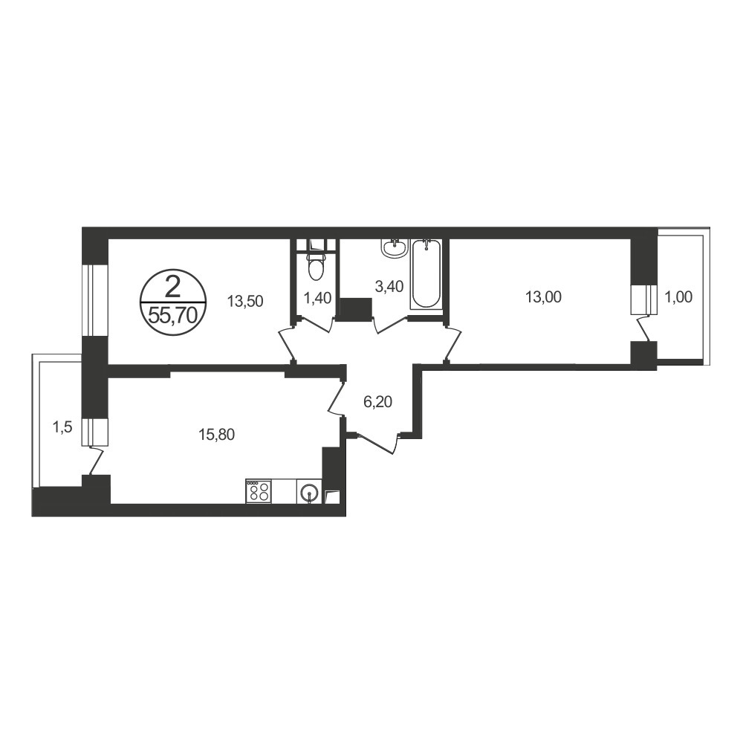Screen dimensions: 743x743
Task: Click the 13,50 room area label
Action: tap(245, 301)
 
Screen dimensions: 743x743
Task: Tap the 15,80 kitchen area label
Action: tap(216, 434)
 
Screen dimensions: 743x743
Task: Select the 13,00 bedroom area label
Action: tap(543, 297)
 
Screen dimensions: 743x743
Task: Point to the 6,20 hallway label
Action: tap(377, 402)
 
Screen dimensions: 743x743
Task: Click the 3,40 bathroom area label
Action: tap(389, 286)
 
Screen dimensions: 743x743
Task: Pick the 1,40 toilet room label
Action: tap(317, 298)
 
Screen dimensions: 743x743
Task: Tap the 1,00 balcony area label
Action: tap(679, 297)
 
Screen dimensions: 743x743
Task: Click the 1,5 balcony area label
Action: tap(62, 427)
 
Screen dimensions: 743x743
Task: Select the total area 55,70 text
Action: tap(172, 314)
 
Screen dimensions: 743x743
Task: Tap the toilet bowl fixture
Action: tap(315, 265)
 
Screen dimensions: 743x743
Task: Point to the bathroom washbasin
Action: tap(393, 248)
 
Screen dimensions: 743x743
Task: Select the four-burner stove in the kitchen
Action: tap(259, 491)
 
